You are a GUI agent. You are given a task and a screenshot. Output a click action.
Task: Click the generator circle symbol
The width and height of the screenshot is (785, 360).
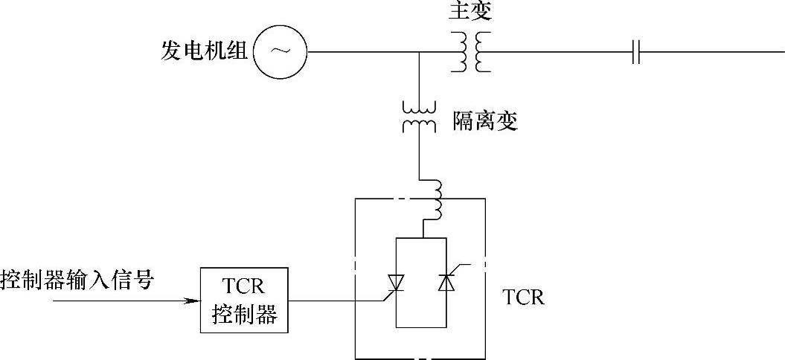(x=281, y=52)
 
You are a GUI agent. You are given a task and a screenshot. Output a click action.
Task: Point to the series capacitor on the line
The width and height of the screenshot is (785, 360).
(x=635, y=52)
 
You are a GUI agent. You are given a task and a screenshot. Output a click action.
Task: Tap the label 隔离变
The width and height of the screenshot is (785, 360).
(x=485, y=121)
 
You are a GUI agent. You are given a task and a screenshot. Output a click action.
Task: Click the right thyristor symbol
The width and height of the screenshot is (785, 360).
(x=446, y=283)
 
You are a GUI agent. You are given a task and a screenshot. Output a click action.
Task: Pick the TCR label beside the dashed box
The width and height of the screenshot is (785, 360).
(x=524, y=298)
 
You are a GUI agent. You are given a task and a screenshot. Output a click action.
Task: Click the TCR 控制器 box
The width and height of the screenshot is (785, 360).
(x=244, y=300)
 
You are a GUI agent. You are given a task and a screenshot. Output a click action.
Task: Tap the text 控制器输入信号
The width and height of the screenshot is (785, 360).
(x=77, y=280)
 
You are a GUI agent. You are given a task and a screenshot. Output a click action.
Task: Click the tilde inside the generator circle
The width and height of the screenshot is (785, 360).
(x=281, y=51)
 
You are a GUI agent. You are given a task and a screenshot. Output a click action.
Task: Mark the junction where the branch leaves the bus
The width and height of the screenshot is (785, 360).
(x=419, y=52)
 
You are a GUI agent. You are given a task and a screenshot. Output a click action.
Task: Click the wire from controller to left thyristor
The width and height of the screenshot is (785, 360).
(x=335, y=301)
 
